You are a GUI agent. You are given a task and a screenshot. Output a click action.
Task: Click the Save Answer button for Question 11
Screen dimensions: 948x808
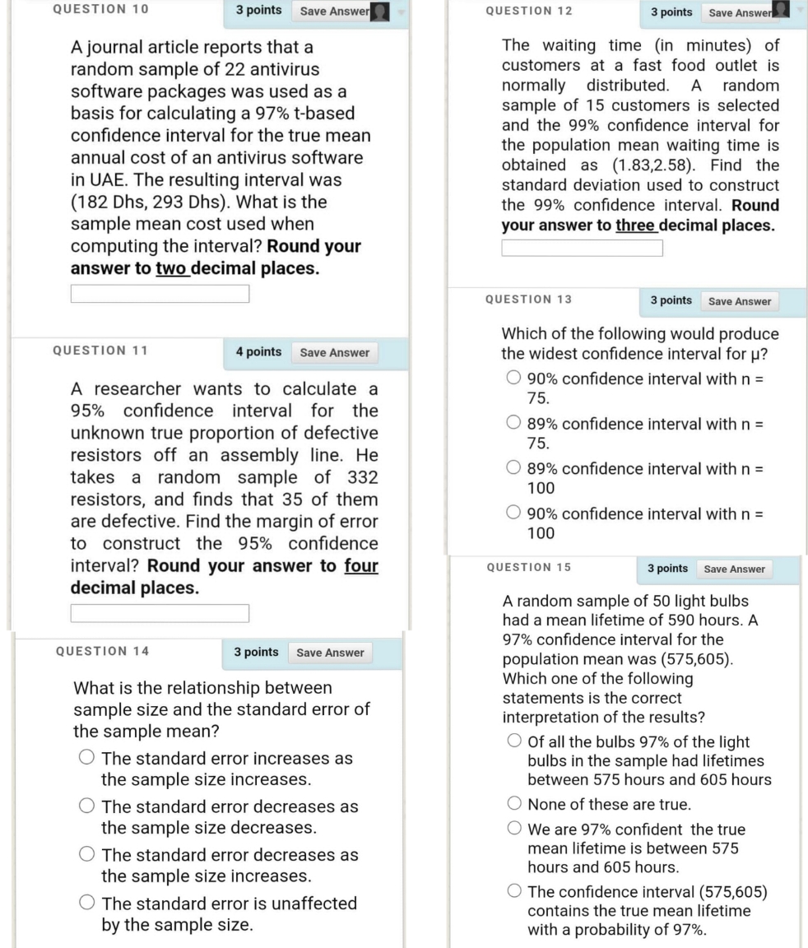click(334, 352)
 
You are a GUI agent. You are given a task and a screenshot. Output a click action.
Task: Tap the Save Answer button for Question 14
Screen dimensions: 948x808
click(330, 653)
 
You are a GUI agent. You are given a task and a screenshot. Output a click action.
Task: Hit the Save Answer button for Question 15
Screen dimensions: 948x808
click(734, 569)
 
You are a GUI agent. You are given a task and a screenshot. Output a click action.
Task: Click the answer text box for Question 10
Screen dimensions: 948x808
click(160, 294)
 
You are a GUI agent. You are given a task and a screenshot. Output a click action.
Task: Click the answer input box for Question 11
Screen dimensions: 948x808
click(160, 613)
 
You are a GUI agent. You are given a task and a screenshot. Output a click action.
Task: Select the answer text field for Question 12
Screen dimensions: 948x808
click(582, 248)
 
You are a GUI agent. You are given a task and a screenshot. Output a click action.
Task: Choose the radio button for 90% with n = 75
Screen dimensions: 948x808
click(513, 379)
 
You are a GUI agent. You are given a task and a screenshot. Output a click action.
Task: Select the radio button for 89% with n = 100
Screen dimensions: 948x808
click(513, 469)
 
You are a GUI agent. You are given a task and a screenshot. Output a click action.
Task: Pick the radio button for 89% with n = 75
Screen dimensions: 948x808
click(513, 425)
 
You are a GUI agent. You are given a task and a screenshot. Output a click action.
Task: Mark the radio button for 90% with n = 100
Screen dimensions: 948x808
click(513, 514)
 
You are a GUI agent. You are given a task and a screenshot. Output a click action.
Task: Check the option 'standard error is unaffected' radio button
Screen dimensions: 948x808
click(86, 904)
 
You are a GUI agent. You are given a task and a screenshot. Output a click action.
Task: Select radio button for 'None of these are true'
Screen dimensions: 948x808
click(514, 804)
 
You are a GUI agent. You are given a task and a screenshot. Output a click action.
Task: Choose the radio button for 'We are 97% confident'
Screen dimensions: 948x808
click(514, 829)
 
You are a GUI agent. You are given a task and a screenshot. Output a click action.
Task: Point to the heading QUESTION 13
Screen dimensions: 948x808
click(528, 300)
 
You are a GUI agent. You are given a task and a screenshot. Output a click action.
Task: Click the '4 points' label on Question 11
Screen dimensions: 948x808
click(258, 352)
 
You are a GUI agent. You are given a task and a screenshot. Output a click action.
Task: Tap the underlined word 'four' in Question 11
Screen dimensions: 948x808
click(361, 566)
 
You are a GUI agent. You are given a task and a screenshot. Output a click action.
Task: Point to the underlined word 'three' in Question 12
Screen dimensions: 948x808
click(635, 225)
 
